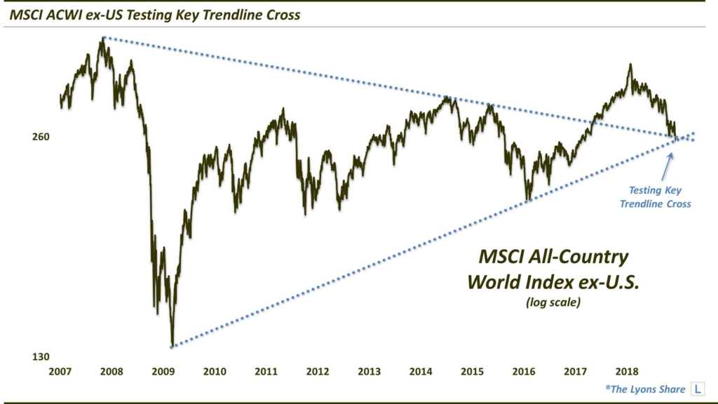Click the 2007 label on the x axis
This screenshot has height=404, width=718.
click(x=60, y=372)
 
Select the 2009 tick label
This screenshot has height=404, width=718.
click(x=163, y=372)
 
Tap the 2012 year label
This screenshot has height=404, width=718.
click(x=318, y=372)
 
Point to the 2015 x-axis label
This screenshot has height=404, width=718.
click(x=473, y=372)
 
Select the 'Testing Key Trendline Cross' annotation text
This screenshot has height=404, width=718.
click(x=659, y=197)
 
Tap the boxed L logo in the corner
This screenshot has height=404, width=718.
click(x=698, y=389)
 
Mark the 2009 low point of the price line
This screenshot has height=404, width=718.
click(x=172, y=345)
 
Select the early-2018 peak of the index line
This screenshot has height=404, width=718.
click(x=630, y=65)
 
